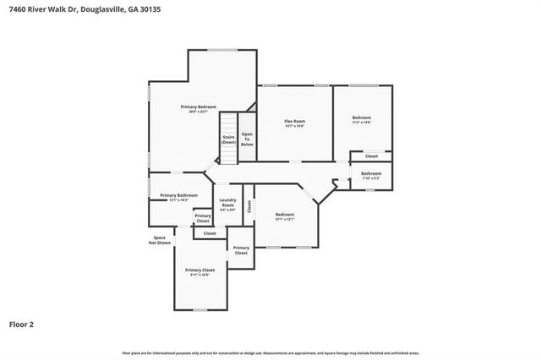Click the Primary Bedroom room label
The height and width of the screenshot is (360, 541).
coord(199,106)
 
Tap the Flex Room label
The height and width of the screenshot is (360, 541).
coord(294,121)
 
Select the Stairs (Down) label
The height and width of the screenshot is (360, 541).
coord(228,139)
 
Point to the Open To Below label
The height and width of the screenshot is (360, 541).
coord(248,139)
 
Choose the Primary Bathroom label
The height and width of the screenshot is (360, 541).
coord(178,195)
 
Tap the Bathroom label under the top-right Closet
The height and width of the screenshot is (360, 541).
coord(371,173)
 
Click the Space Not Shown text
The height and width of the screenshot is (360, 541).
coord(159,240)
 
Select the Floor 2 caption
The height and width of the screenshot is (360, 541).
coord(22,324)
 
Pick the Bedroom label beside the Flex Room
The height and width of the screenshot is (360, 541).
coord(361,117)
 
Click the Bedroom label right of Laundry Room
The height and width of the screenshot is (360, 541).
coord(285,214)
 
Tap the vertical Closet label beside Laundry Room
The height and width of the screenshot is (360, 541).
coord(249,205)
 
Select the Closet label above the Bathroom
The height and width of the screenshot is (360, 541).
coord(371,155)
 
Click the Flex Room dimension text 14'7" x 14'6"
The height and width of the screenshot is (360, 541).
coord(294,126)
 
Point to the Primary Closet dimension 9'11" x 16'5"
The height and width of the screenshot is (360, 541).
coord(200,275)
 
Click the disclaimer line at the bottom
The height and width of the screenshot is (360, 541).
coord(270,352)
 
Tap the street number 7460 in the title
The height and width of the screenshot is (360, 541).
coord(12,8)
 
